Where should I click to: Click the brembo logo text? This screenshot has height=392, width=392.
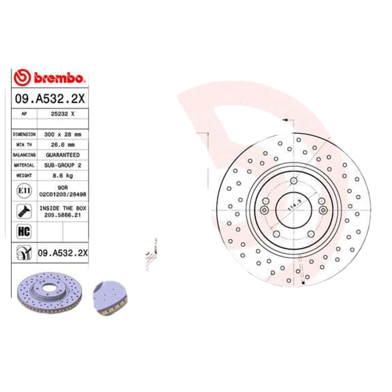[59, 78]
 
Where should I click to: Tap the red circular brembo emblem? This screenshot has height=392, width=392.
[22, 77]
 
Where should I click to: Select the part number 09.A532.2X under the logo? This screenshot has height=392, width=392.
[49, 98]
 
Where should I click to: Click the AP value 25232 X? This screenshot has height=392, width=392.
[63, 113]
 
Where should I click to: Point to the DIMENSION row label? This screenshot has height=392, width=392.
[24, 134]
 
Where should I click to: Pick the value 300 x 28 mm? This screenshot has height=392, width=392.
[63, 134]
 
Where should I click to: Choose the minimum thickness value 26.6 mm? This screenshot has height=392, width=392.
[63, 145]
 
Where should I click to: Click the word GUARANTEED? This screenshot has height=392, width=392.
[63, 155]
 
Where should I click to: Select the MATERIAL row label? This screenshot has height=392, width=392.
[24, 166]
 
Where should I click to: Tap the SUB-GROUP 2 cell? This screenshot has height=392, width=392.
[63, 166]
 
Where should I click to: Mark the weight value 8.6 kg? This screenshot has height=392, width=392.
[63, 175]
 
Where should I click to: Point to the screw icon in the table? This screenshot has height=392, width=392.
[24, 211]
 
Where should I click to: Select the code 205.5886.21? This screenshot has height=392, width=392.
[63, 215]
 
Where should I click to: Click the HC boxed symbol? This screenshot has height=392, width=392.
[24, 231]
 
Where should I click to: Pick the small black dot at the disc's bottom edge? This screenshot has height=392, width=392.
[304, 283]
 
